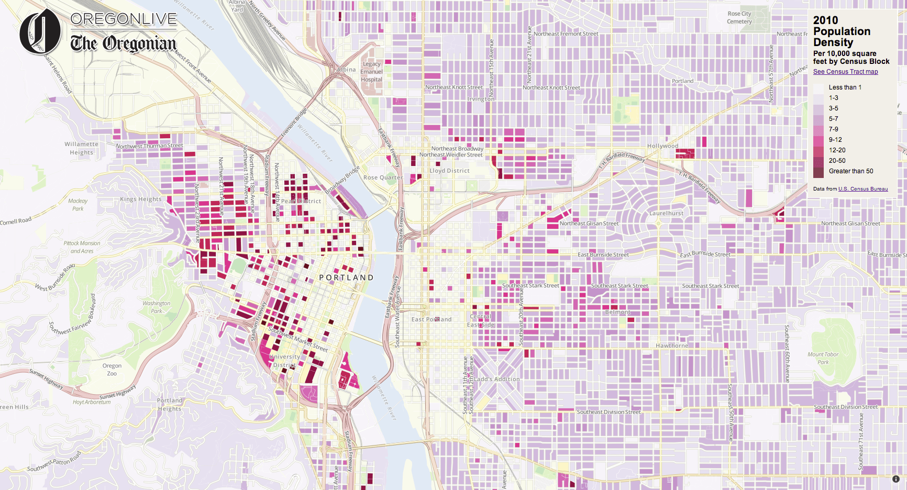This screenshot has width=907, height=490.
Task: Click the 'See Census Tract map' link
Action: click(x=845, y=72)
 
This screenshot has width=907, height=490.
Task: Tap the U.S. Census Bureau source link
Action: click(x=862, y=189)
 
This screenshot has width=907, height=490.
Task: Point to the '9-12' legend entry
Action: click(x=835, y=140)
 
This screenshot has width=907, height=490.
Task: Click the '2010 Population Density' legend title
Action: click(x=842, y=31)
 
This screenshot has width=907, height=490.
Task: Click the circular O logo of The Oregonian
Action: click(x=40, y=32)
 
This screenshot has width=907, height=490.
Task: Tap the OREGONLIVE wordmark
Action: click(x=124, y=19)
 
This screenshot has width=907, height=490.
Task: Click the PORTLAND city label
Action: click(x=347, y=277)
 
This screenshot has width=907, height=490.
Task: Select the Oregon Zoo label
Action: click(x=112, y=370)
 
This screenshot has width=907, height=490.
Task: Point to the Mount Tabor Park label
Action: click(x=823, y=358)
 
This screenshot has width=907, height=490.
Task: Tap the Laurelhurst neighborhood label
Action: click(x=666, y=213)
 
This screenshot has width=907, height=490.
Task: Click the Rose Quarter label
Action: click(x=383, y=177)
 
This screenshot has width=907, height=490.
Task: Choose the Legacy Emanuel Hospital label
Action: click(x=371, y=72)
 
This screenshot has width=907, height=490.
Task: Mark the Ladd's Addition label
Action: click(x=496, y=379)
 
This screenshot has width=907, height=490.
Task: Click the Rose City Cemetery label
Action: click(x=739, y=18)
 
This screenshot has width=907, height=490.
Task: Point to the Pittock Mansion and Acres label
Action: click(x=82, y=247)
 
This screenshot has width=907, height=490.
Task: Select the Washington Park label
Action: click(x=156, y=307)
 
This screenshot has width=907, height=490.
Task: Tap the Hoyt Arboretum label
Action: click(x=92, y=402)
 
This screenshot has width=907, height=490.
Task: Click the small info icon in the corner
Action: click(x=895, y=479)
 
